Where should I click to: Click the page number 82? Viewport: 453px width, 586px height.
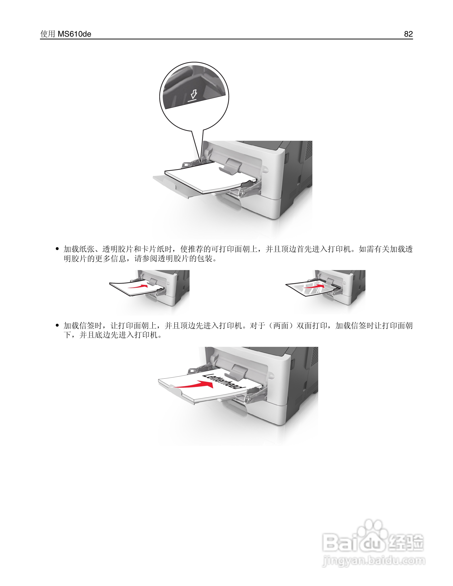pyautogui.click(x=408, y=34)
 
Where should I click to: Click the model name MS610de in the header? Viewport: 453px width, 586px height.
pyautogui.click(x=74, y=34)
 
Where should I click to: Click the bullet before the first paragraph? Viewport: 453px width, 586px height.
pyautogui.click(x=57, y=249)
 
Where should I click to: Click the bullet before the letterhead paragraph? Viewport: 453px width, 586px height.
pyautogui.click(x=57, y=326)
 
